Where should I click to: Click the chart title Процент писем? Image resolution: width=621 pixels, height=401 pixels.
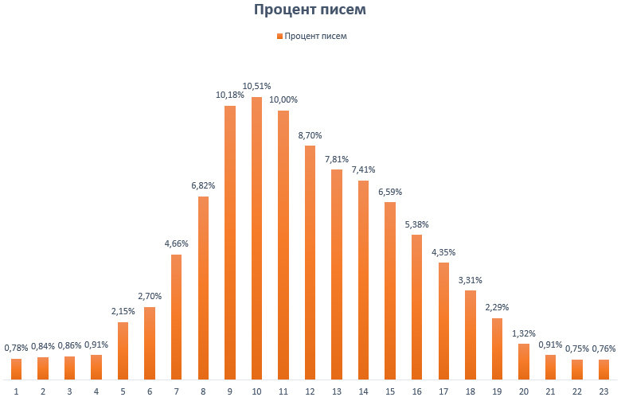(x=310, y=10)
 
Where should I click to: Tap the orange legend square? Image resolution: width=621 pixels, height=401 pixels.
(x=279, y=36)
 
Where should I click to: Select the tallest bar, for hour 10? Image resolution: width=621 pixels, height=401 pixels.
(x=256, y=238)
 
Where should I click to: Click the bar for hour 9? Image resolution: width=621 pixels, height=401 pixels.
(x=230, y=243)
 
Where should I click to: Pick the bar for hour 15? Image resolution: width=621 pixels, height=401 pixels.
(x=390, y=290)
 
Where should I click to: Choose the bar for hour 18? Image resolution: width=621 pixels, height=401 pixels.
(x=470, y=334)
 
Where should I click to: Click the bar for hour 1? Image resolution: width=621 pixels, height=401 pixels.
(x=17, y=368)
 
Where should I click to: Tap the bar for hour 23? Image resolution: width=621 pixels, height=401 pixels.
(x=603, y=369)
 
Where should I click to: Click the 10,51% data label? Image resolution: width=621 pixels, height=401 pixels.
(x=256, y=86)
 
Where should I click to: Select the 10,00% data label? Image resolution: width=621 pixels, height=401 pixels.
(x=283, y=99)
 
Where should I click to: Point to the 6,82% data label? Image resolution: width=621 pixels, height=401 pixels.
(x=203, y=185)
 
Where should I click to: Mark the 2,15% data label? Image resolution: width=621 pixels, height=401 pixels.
(x=123, y=311)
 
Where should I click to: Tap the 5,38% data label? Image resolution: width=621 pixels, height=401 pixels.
(x=416, y=224)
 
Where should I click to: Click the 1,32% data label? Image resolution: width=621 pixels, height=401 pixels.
(x=523, y=333)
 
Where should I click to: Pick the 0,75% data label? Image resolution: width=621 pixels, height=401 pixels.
(x=577, y=348)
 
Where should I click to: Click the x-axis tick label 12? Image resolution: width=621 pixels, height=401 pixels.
(x=310, y=391)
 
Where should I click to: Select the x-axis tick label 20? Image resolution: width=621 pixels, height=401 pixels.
(x=523, y=391)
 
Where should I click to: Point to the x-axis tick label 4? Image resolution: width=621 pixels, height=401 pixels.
(x=96, y=391)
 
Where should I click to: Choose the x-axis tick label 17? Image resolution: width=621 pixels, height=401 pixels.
(x=443, y=391)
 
